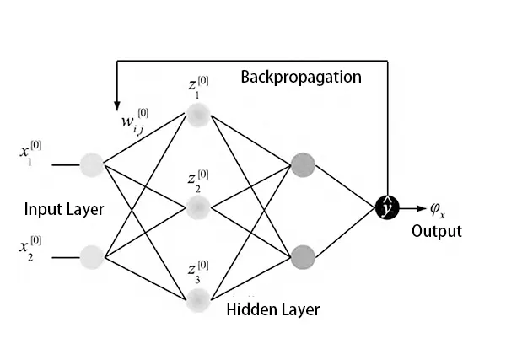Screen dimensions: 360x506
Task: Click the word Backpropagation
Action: click(x=301, y=78)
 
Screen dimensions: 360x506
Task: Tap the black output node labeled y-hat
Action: click(x=387, y=205)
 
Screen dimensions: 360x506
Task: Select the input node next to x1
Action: click(x=91, y=164)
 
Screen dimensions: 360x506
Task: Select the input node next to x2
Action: click(x=91, y=254)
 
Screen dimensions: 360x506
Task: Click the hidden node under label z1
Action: click(x=198, y=116)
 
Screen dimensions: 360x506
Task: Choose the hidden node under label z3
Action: click(x=198, y=298)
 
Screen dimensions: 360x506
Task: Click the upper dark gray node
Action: click(x=301, y=164)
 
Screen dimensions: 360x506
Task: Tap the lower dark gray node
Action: click(x=301, y=254)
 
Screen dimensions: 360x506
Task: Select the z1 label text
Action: click(x=198, y=87)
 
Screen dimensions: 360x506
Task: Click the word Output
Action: click(x=436, y=231)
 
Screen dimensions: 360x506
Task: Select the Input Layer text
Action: click(x=64, y=209)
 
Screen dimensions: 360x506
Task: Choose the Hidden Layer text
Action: click(x=273, y=309)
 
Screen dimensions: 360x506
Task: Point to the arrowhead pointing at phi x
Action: click(x=422, y=205)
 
